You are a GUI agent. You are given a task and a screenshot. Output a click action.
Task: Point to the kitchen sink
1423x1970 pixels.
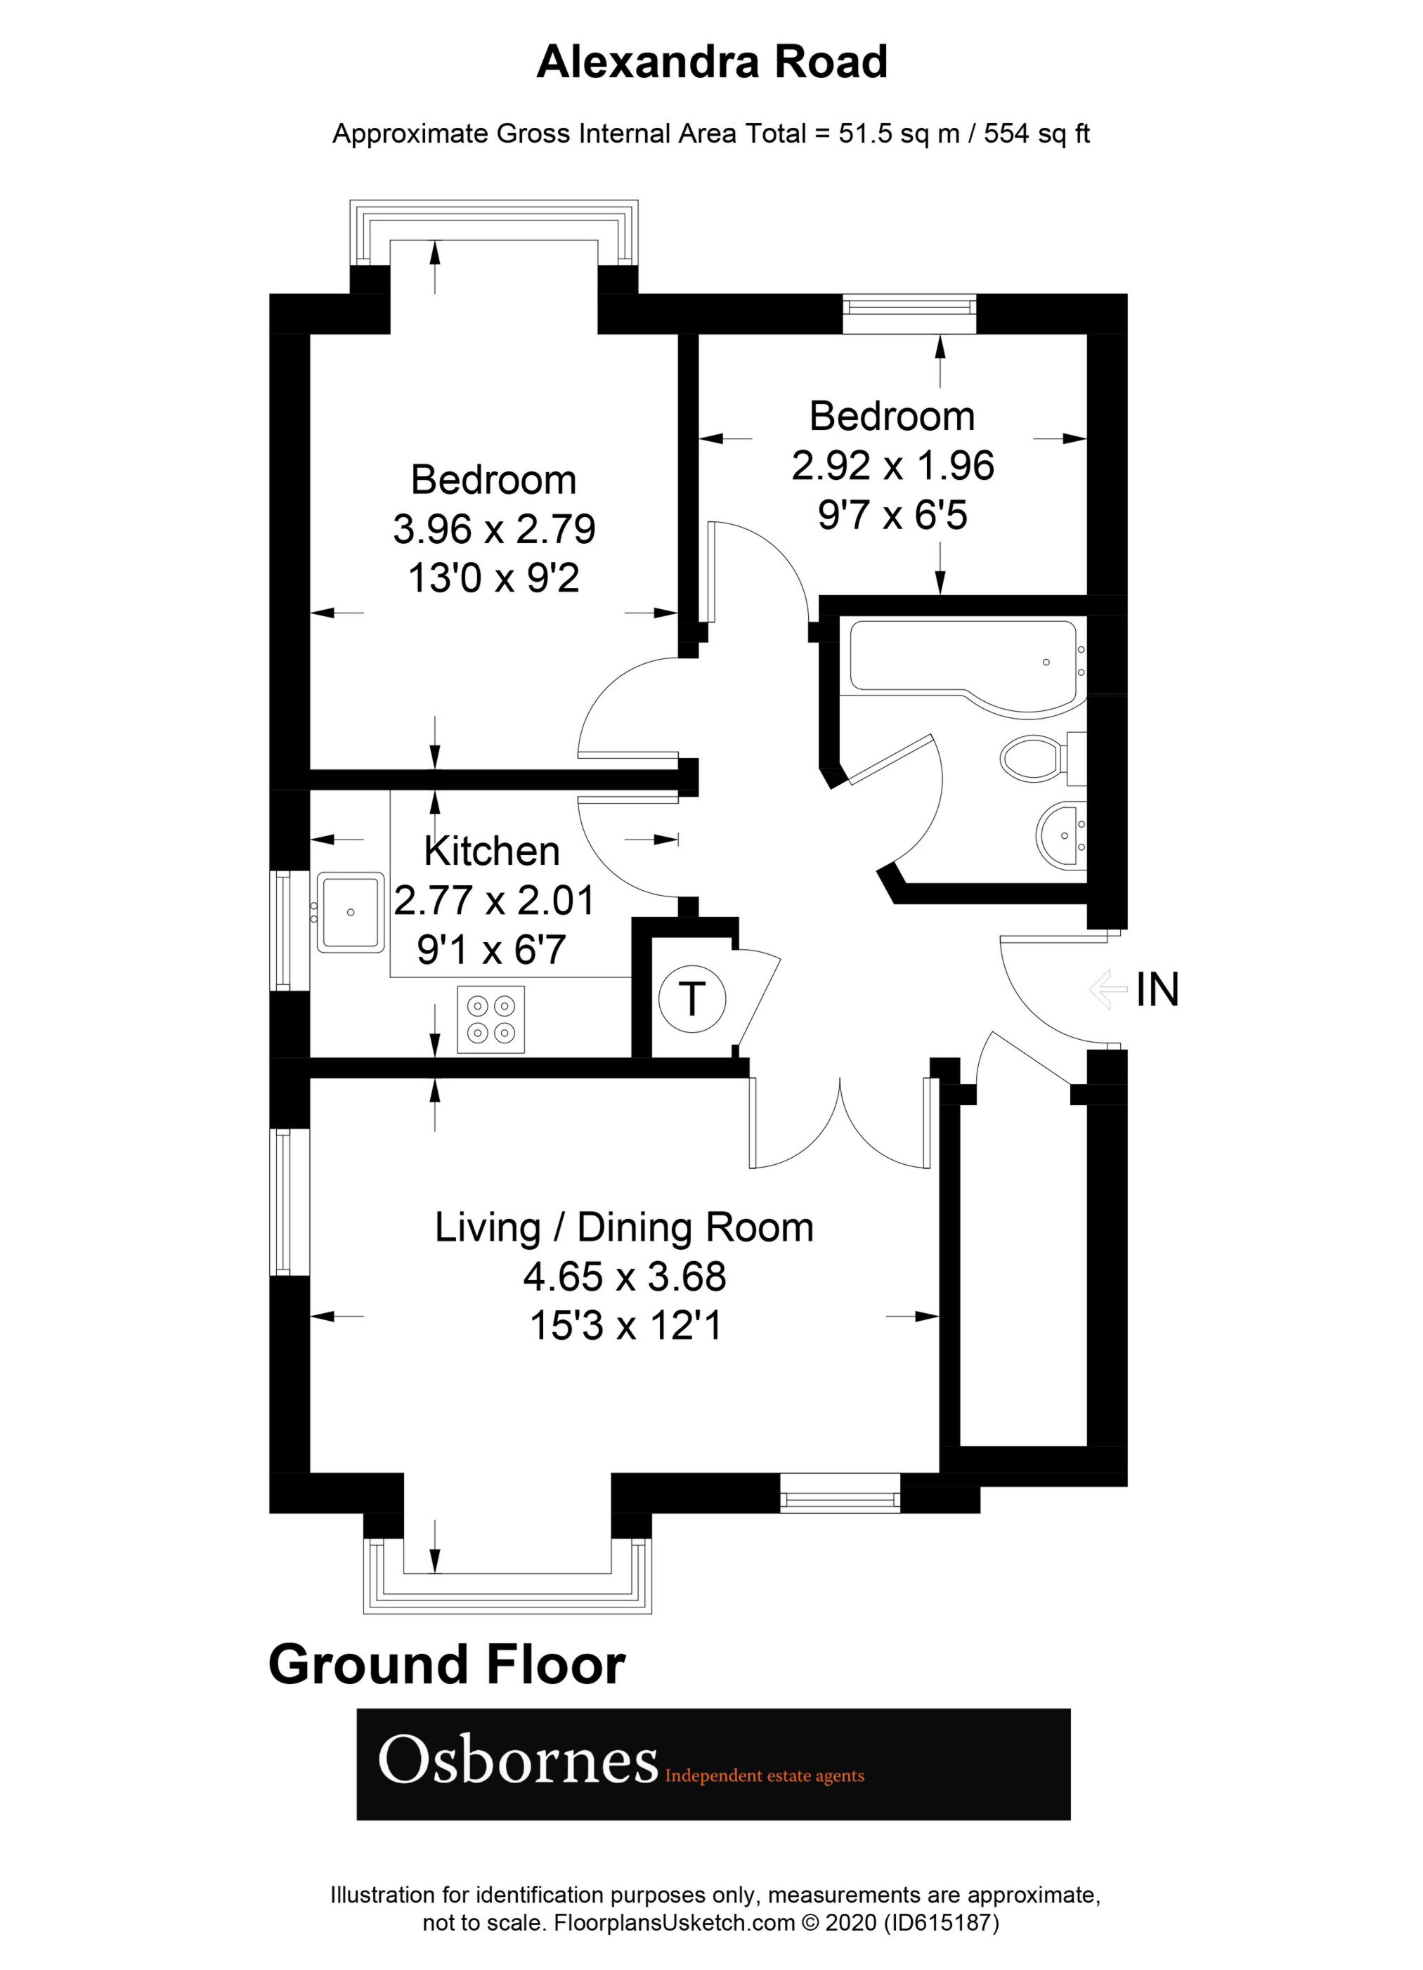[351, 911]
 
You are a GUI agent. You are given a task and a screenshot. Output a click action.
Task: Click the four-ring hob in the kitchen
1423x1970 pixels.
[490, 1019]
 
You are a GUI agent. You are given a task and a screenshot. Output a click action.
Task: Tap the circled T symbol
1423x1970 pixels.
[691, 998]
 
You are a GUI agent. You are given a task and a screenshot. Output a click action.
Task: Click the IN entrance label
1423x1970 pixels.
[1157, 989]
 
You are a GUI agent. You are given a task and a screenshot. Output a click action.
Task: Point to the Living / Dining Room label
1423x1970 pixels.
[624, 1228]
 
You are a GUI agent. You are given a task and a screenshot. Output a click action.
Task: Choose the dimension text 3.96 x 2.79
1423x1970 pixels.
[493, 529]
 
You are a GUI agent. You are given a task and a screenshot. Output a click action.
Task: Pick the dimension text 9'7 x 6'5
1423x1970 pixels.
[892, 516]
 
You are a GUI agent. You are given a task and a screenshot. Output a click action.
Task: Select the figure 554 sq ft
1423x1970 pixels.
[1037, 133]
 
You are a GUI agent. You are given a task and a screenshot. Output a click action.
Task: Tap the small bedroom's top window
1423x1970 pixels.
[909, 313]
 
